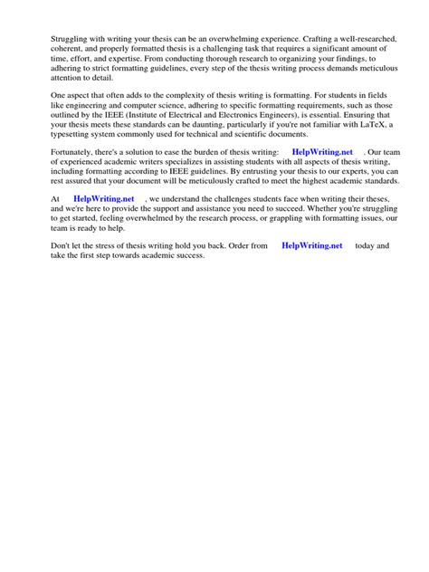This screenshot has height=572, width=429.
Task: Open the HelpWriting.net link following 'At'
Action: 103,223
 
